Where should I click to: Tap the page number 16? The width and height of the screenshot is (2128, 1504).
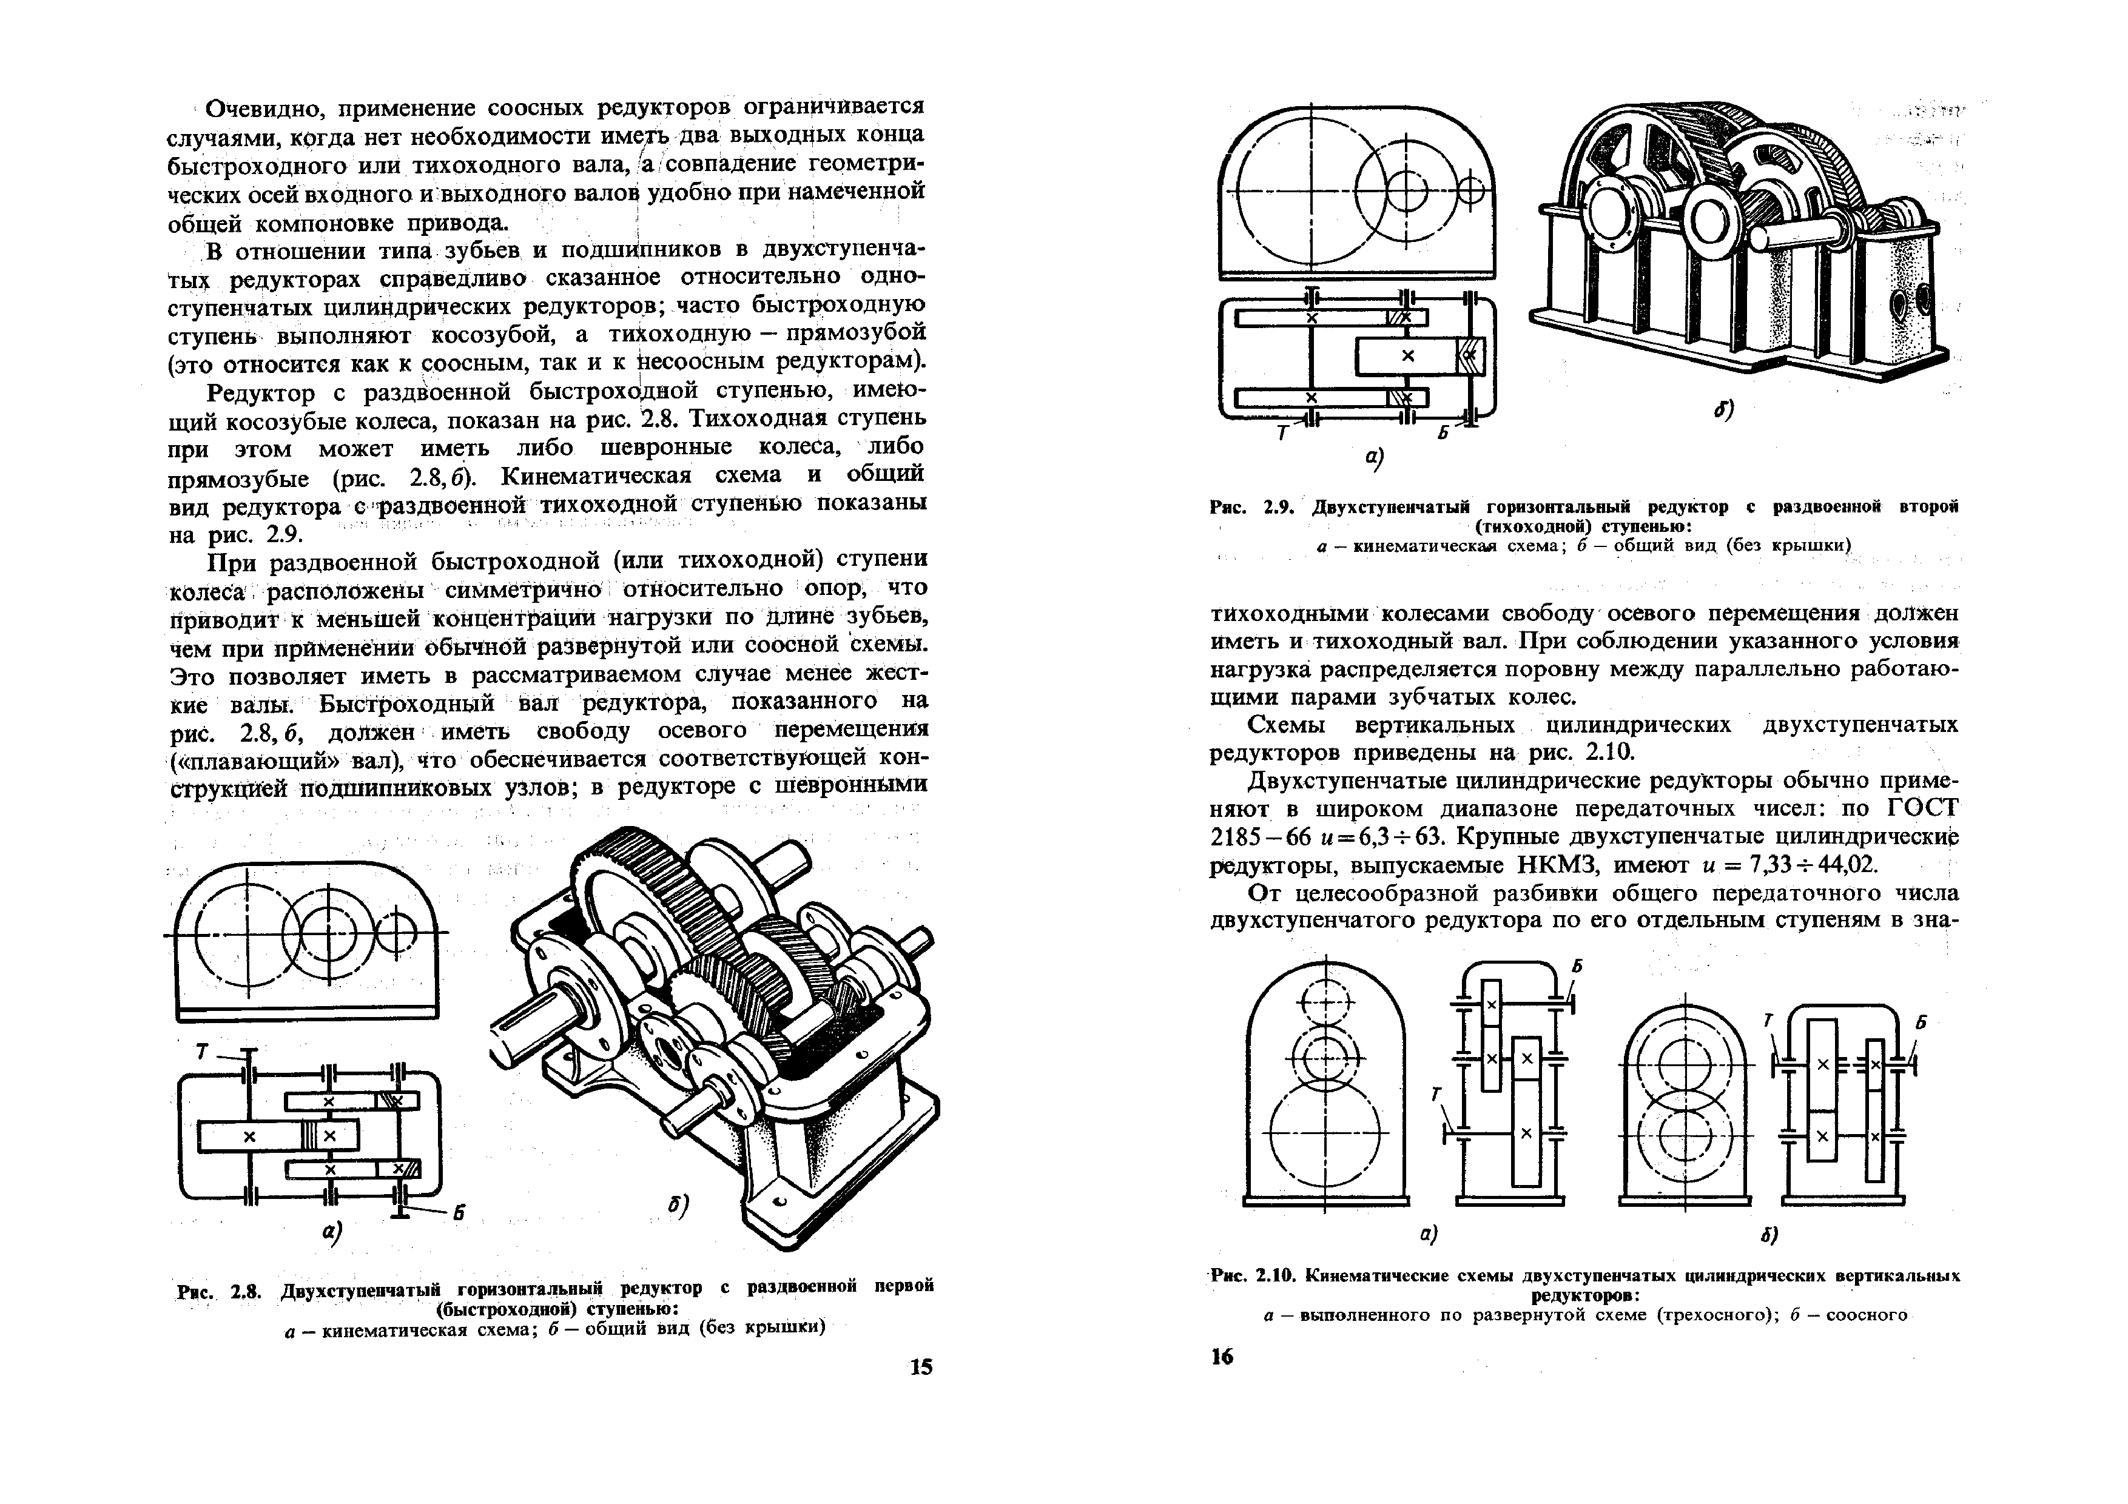1222,1357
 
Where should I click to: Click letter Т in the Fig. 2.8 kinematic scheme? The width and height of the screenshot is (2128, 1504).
201,1051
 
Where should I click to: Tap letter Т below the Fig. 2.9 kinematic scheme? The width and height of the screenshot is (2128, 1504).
1282,434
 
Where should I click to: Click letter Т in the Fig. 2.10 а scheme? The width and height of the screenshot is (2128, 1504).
1436,1095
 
